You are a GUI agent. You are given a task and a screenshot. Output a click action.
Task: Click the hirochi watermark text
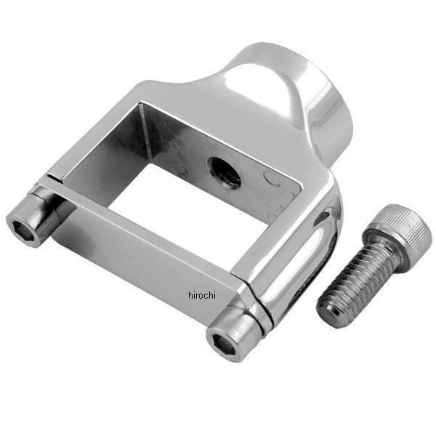[x=202, y=295]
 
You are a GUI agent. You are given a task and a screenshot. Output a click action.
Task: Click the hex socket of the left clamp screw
[x=21, y=231]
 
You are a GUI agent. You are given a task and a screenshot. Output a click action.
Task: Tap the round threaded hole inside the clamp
[x=224, y=173]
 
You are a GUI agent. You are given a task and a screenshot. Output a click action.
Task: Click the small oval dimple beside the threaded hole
[x=272, y=178]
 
